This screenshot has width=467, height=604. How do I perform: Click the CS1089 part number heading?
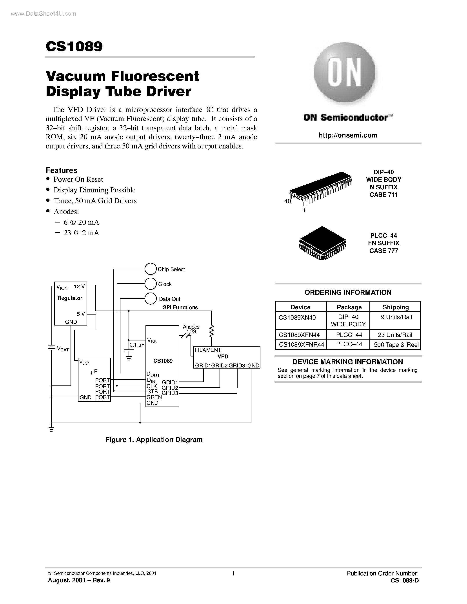74,47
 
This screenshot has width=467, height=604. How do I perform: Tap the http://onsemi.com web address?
348,135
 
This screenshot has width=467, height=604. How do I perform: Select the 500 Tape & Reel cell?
396,345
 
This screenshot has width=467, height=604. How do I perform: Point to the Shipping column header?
395,307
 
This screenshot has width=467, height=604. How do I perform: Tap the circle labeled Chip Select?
151,269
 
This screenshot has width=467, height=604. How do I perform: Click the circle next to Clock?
151,284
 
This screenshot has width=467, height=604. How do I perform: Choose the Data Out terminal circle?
151,298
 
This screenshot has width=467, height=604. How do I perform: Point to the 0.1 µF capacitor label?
137,345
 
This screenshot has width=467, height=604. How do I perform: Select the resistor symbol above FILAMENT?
211,331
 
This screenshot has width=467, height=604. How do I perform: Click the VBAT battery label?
63,349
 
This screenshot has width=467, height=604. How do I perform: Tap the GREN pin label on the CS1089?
154,397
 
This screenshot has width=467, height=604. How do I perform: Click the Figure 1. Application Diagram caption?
154,440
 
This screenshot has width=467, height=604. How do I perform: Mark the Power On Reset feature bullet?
78,179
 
